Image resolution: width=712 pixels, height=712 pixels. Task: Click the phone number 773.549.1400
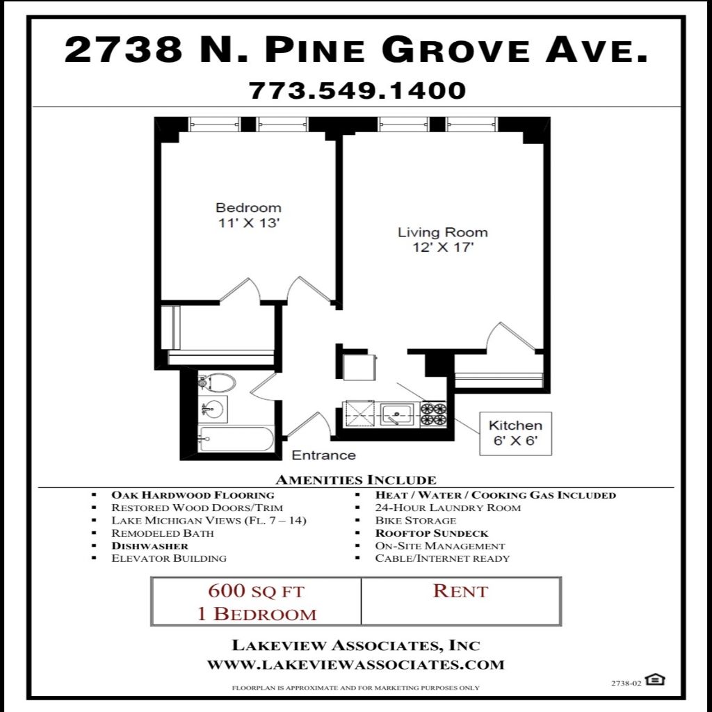(357, 90)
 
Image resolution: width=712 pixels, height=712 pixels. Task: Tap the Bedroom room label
(248, 207)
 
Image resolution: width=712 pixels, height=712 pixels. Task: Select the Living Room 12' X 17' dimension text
(443, 248)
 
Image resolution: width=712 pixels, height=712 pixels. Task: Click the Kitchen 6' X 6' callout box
(515, 433)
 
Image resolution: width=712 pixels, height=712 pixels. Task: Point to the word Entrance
(323, 455)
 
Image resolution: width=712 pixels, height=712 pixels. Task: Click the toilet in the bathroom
(217, 383)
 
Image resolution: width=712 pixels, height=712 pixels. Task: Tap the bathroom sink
(213, 410)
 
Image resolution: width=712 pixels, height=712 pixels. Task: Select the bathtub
(236, 439)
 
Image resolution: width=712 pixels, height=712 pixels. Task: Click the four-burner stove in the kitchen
(433, 414)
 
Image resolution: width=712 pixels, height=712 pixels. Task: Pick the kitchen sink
(397, 414)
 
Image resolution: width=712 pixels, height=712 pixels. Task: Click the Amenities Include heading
(355, 480)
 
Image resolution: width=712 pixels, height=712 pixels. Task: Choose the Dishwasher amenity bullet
(150, 546)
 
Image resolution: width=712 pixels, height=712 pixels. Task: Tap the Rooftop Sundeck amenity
(431, 533)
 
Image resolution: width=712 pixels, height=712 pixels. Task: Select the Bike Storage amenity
(416, 520)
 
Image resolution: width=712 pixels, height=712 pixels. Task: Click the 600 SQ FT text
(256, 591)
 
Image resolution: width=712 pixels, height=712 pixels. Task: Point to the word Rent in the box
(460, 591)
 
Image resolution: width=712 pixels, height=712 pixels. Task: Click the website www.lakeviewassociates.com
(356, 665)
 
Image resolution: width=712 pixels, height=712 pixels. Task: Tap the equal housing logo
(655, 679)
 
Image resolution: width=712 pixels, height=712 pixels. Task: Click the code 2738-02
(626, 683)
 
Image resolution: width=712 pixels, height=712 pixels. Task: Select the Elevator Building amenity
(169, 558)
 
